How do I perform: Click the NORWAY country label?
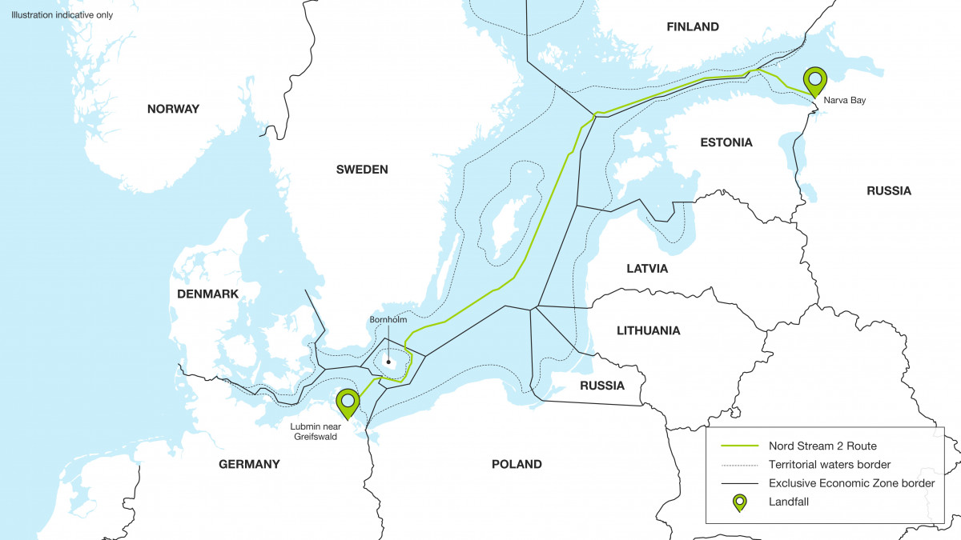click(173, 109)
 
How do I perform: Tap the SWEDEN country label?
click(362, 170)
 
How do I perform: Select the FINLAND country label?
click(693, 27)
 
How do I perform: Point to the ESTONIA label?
click(726, 142)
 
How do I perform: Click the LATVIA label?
click(647, 269)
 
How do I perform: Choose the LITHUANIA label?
click(649, 330)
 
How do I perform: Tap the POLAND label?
click(517, 464)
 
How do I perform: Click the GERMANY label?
click(249, 464)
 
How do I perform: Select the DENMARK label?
click(208, 294)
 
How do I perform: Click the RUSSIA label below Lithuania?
click(602, 386)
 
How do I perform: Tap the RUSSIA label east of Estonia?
click(889, 190)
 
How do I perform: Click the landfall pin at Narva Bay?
click(815, 80)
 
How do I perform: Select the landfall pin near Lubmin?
click(348, 402)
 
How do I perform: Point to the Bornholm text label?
click(388, 320)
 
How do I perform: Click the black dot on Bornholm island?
click(389, 362)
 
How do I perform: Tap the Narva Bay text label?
click(843, 101)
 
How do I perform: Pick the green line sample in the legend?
click(739, 446)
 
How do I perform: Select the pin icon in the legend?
click(739, 502)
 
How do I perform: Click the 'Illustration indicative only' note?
click(62, 15)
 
